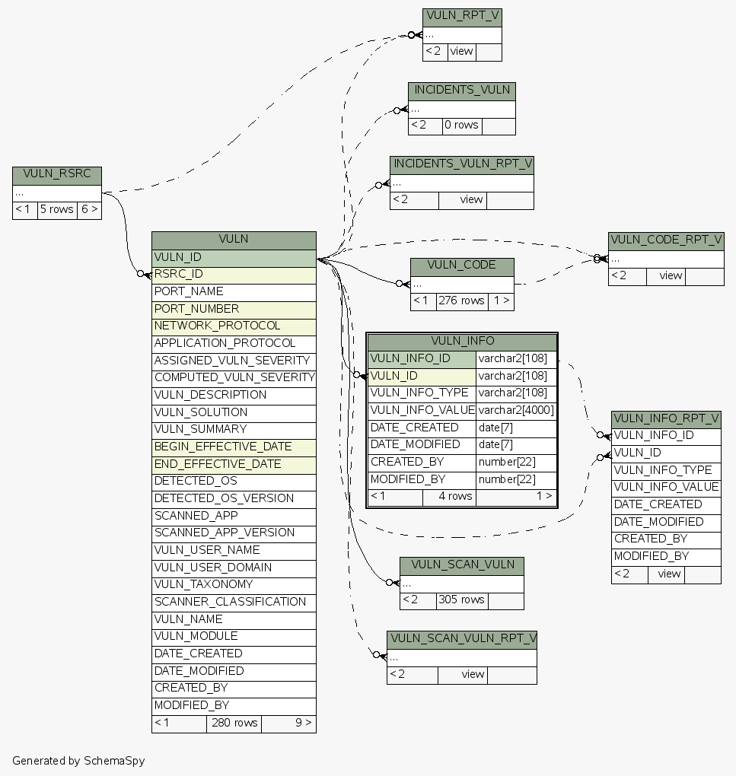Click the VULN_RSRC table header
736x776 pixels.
(57, 174)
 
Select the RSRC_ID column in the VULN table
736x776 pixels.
(234, 275)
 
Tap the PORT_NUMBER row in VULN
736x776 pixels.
(234, 309)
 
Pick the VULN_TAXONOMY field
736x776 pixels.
(234, 584)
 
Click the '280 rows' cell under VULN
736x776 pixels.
(234, 723)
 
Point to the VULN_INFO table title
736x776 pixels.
(462, 341)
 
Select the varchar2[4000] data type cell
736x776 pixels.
(516, 410)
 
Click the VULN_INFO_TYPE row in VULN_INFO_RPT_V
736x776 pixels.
(665, 470)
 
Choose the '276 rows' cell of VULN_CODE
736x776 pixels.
(462, 301)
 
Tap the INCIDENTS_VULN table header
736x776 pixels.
(462, 90)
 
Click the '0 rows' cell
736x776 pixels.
(462, 125)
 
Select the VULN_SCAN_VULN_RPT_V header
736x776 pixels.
(462, 638)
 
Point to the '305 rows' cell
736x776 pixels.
(462, 599)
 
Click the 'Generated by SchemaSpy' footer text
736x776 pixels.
(78, 761)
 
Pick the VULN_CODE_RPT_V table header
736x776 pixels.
(666, 240)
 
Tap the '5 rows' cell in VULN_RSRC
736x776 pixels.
(57, 209)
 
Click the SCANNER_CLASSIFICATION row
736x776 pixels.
(234, 602)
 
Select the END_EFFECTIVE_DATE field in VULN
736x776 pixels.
(234, 464)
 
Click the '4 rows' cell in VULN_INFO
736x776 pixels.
(455, 497)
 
